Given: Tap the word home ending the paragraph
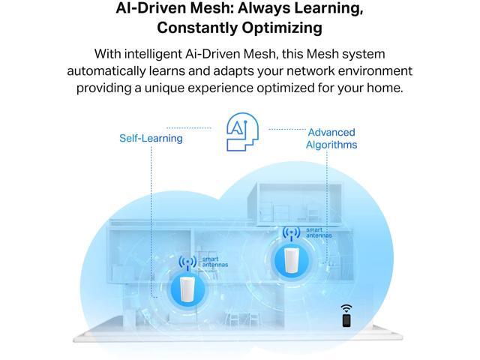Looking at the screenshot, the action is (385, 88).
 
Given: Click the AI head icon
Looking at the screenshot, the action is (239, 133).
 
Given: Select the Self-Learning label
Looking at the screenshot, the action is (151, 138).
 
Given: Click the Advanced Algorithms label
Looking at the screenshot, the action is (331, 138).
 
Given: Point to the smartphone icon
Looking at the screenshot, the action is (346, 320).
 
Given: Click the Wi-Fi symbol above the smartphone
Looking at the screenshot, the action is (346, 307).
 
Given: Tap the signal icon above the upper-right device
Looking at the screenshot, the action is (291, 234).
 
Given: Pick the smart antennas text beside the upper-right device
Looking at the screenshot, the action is (316, 234).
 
